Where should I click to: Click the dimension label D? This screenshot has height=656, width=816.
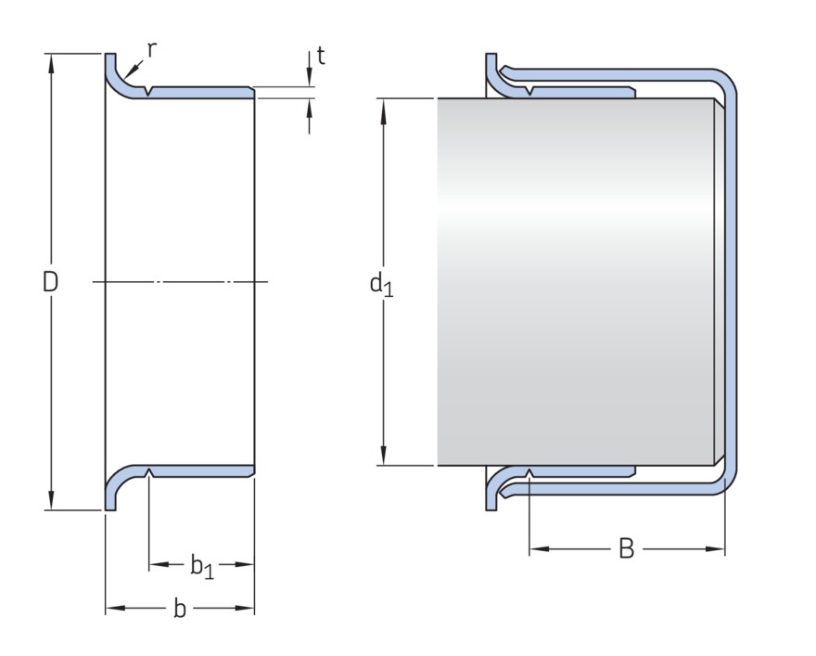[x=50, y=282]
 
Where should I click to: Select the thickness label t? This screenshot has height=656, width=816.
[x=321, y=56]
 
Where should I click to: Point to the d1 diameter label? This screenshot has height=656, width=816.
[x=381, y=283]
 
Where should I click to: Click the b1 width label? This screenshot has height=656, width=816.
[x=201, y=565]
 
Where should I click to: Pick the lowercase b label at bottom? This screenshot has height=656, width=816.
[x=180, y=609]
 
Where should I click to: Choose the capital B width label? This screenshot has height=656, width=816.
[x=626, y=549]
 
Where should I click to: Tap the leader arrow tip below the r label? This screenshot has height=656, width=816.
[x=128, y=73]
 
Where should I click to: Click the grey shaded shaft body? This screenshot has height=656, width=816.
[x=575, y=278]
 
